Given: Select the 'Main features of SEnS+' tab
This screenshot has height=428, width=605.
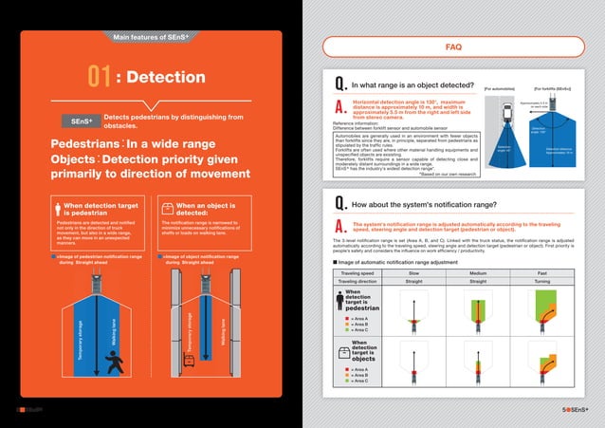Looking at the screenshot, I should (x=152, y=37).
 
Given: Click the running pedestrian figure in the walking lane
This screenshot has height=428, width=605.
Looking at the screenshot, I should (x=115, y=361).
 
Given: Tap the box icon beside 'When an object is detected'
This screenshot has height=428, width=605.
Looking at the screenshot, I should (x=167, y=208).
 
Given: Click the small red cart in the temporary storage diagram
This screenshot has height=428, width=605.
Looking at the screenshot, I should (x=189, y=359).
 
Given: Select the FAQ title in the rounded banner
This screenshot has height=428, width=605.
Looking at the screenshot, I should (x=453, y=46).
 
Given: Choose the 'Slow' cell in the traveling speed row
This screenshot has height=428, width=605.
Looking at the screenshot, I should (x=413, y=272).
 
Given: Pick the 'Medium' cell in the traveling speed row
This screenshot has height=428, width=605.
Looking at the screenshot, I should (x=480, y=272).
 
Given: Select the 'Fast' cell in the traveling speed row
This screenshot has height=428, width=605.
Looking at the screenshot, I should (x=541, y=272).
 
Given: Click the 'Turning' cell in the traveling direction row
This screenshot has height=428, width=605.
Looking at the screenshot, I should (x=541, y=282).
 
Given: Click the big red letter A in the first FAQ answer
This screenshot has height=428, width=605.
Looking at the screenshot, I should (x=339, y=105).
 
